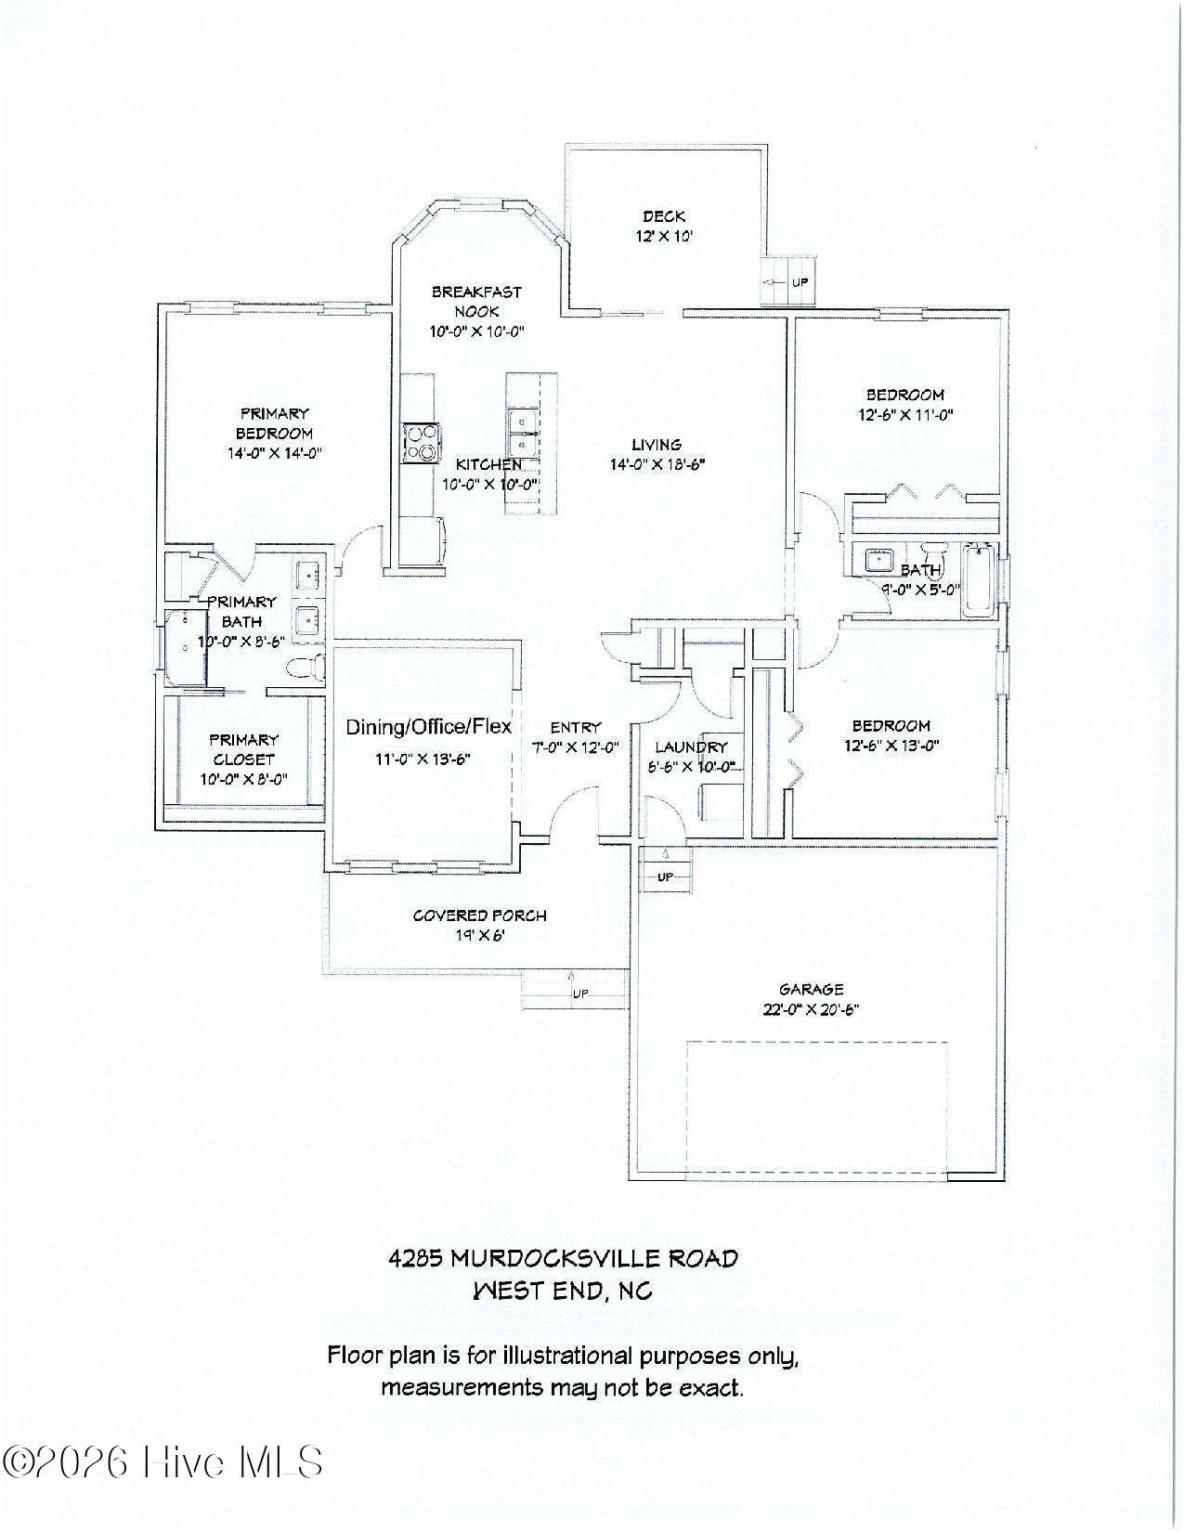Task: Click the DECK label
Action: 663,216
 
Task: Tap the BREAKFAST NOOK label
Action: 476,302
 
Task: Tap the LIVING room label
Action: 657,445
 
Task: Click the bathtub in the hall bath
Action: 978,580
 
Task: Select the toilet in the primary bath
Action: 306,667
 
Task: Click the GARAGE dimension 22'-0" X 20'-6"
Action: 811,1010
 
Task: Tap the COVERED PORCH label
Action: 479,915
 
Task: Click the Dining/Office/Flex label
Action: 428,727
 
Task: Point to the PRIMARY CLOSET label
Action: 243,749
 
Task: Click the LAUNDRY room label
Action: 691,747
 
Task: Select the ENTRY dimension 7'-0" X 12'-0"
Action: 575,747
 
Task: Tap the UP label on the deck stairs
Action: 800,282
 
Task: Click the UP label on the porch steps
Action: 579,993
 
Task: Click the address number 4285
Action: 414,1259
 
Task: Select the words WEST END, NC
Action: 563,1292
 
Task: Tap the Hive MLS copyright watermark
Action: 163,1462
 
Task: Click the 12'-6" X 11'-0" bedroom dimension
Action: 905,415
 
